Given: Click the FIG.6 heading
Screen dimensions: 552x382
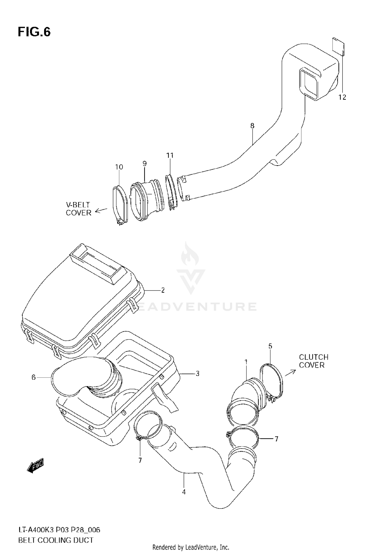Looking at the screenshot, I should point(34,32).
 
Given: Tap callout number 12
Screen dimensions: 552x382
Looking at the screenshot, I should point(342,97).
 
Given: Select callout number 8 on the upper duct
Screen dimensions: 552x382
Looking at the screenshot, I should point(252,126).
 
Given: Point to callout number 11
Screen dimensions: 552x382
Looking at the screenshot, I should point(170,155).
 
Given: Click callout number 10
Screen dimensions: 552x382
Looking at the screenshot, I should point(119,167).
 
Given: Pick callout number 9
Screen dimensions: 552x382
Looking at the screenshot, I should point(144,164).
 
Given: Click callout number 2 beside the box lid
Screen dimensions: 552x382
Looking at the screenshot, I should point(163,290).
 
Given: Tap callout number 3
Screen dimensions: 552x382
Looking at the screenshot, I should point(197,374).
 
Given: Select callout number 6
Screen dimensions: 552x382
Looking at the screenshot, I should point(34,377).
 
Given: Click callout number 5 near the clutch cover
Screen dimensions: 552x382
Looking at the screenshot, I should point(270,346).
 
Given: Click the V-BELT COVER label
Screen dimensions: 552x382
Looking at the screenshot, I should point(78,209).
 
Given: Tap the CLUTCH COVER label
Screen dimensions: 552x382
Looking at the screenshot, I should point(313,361).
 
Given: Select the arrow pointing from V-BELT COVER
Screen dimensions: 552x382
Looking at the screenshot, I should point(101,210).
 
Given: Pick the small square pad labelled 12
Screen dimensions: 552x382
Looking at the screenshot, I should point(338,46).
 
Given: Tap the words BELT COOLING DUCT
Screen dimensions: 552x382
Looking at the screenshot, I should point(56,540).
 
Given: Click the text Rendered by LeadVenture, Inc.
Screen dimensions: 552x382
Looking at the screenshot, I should point(191,547).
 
